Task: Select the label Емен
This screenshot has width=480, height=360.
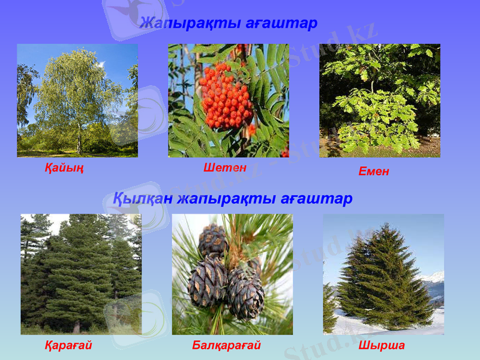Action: [374, 171]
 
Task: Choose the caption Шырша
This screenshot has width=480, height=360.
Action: [382, 346]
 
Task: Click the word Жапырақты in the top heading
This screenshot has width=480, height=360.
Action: [191, 23]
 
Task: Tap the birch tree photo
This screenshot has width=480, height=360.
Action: [77, 100]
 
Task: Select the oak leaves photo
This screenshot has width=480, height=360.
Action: [379, 100]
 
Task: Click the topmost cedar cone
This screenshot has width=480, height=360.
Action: [213, 240]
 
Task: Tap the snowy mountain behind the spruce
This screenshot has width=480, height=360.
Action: [433, 278]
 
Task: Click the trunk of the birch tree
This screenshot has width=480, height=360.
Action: [79, 141]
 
